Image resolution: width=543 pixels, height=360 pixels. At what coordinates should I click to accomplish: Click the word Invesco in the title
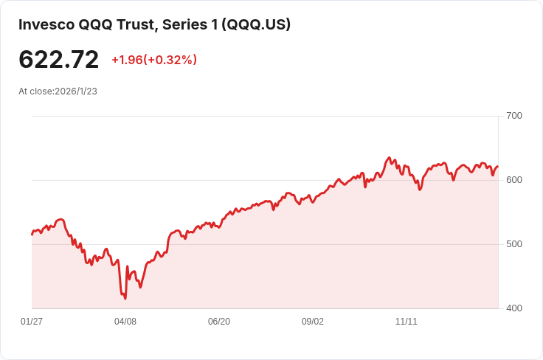click(46, 24)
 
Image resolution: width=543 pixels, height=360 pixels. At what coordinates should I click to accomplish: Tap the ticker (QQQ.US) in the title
click(257, 24)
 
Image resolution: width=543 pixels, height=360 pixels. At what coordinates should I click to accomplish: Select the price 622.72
click(58, 60)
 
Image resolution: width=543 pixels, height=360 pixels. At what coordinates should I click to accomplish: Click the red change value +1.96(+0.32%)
click(154, 60)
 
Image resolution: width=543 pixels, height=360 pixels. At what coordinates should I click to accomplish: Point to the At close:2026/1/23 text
click(58, 91)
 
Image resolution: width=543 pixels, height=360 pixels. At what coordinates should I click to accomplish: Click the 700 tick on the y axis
click(514, 116)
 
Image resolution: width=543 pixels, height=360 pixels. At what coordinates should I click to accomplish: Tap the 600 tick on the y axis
click(514, 180)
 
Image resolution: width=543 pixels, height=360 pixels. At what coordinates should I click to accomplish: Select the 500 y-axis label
click(514, 244)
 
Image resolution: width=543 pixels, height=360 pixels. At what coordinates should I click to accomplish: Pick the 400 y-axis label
click(514, 308)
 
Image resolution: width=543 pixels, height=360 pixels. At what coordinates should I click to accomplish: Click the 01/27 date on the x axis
click(32, 322)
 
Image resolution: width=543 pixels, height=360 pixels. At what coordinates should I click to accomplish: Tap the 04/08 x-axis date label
click(125, 322)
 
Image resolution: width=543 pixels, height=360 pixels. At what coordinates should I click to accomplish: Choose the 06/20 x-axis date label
click(219, 322)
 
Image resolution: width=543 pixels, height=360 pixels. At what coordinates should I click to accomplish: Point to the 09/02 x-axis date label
click(313, 322)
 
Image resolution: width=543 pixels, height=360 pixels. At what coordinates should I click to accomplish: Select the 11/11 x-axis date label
click(407, 322)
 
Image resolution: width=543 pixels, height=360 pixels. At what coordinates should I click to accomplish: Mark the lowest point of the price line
click(125, 299)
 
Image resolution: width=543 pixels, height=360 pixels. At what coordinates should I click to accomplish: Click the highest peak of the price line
click(389, 158)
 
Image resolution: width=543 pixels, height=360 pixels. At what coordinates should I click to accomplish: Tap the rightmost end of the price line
click(498, 166)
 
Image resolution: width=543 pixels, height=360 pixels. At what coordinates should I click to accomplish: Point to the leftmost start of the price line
click(32, 235)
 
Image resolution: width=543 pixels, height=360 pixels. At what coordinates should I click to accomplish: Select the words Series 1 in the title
click(184, 24)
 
